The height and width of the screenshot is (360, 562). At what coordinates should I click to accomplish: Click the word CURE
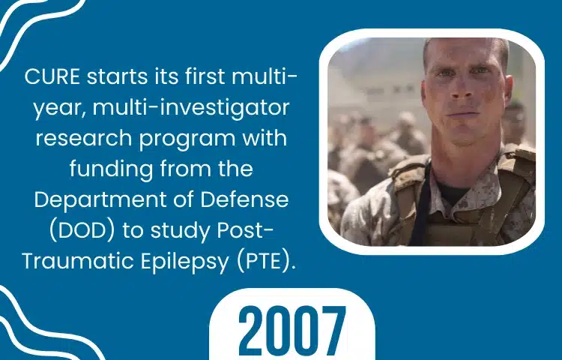(x=52, y=76)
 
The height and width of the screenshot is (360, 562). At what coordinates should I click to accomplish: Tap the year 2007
(x=291, y=331)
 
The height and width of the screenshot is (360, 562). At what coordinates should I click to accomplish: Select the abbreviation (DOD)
(x=82, y=230)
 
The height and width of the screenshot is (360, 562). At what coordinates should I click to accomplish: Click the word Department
(x=100, y=200)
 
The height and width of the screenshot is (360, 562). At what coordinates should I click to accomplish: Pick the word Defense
(x=244, y=199)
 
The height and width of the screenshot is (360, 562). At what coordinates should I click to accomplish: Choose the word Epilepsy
(x=184, y=262)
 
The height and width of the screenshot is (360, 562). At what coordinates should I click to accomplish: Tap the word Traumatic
(x=78, y=262)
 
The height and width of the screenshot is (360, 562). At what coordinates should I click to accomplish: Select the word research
(x=84, y=139)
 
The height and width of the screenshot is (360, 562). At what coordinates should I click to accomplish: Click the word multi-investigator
(x=191, y=108)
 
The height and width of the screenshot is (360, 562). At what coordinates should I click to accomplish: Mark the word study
(x=181, y=232)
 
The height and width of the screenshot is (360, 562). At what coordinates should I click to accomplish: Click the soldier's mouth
(x=463, y=115)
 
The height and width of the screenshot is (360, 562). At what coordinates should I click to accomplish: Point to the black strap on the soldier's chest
(x=420, y=204)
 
